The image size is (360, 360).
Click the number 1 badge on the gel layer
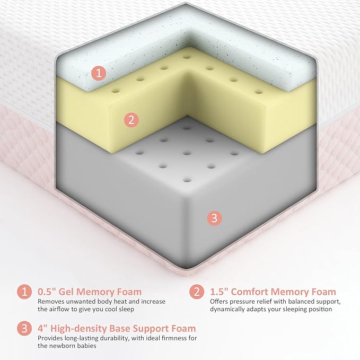point(99,73)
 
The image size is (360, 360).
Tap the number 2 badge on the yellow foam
point(131,120)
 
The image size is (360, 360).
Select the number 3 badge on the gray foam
point(214,218)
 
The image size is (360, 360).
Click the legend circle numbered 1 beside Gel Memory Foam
point(24,292)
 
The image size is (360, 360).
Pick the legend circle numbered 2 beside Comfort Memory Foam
point(197,292)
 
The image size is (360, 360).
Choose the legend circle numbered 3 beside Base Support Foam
point(24,329)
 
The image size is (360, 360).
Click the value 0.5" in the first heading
point(47,292)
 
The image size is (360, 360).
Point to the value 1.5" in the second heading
point(219,292)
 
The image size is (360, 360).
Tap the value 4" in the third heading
point(43,328)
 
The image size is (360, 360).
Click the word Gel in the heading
point(66,292)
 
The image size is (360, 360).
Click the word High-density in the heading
point(78,329)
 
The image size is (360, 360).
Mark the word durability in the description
point(116,338)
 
